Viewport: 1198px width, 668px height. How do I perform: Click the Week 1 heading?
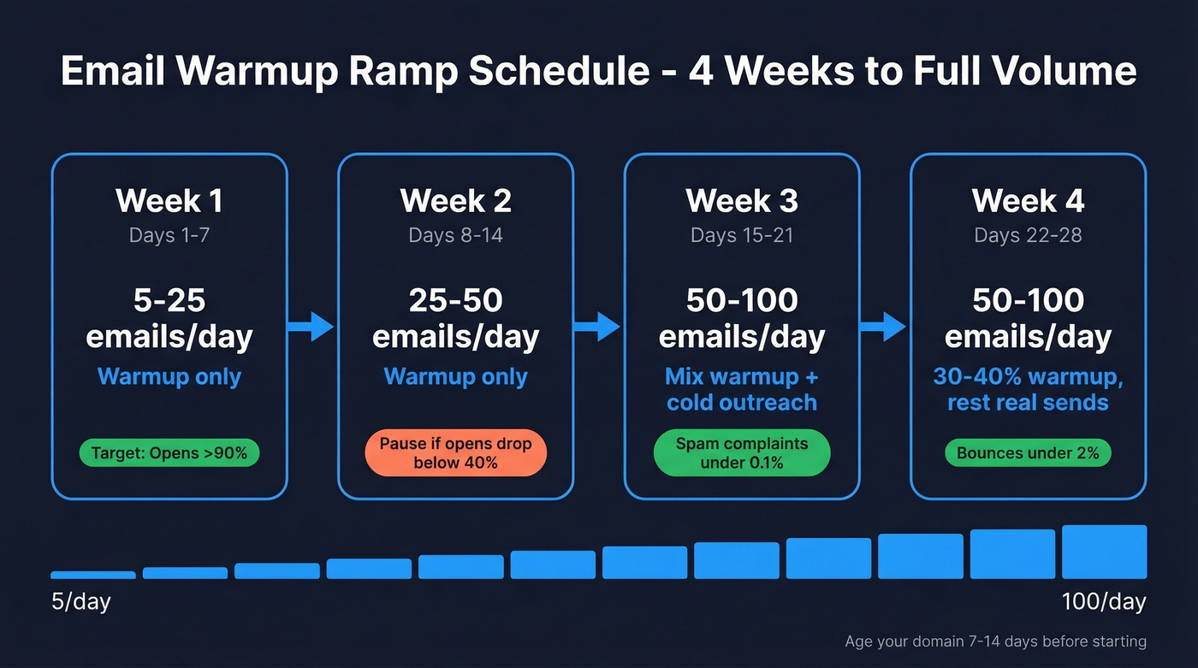click(x=169, y=201)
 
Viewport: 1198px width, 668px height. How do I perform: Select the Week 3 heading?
click(x=741, y=201)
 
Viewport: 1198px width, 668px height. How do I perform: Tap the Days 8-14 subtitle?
click(x=455, y=235)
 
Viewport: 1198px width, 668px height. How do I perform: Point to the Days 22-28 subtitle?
click(x=1028, y=235)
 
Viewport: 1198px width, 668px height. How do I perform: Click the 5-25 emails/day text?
click(x=169, y=318)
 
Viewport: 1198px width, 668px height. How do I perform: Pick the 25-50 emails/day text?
click(x=455, y=318)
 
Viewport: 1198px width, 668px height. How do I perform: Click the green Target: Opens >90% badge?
click(x=169, y=453)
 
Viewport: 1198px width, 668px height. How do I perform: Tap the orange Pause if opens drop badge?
click(x=455, y=453)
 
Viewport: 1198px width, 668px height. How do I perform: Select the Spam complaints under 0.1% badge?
click(x=741, y=453)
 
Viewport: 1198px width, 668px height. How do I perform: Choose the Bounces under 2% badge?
click(x=1028, y=453)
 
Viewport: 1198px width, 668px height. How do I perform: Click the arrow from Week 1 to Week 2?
click(x=311, y=325)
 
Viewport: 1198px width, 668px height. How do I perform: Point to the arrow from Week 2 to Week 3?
click(x=597, y=325)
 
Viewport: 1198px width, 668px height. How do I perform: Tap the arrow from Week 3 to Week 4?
click(x=884, y=325)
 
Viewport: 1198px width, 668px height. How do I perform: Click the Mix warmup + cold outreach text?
click(x=741, y=389)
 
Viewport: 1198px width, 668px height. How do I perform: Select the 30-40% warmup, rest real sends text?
click(x=1028, y=389)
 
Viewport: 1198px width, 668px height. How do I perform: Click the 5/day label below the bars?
click(x=81, y=601)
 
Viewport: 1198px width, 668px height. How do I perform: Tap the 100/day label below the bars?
click(x=1104, y=601)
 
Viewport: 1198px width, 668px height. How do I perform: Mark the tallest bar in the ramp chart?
click(x=1104, y=553)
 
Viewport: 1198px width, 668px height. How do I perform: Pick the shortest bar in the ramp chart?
click(x=93, y=575)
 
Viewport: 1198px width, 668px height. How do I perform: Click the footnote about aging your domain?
click(x=995, y=641)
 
